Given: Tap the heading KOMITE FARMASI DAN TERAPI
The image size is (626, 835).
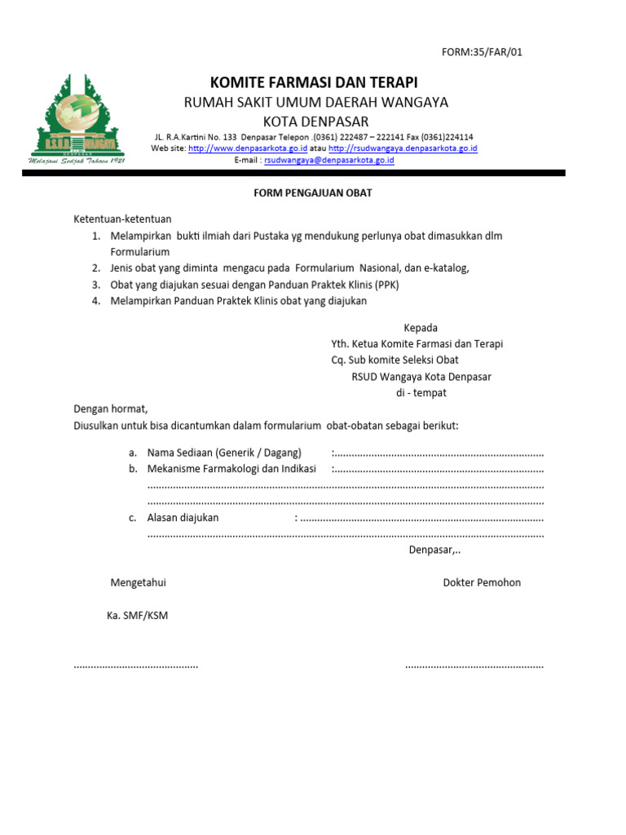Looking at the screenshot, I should [x=314, y=82].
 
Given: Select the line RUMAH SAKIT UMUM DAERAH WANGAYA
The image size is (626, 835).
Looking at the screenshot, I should [x=315, y=102].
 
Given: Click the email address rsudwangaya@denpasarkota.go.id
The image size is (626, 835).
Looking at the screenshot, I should [x=329, y=161].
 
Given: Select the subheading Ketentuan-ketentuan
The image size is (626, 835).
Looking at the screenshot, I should [x=123, y=219].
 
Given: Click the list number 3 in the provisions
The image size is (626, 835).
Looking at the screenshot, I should [x=95, y=285].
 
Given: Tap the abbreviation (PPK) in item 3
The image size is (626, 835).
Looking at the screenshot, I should [x=386, y=285].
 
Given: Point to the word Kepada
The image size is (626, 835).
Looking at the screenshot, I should [x=421, y=328].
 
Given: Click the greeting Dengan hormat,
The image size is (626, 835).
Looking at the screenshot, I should [x=111, y=409].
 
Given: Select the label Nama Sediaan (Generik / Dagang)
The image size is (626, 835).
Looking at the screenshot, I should [x=224, y=453].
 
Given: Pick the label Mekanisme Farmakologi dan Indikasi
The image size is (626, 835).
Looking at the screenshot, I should [x=231, y=469].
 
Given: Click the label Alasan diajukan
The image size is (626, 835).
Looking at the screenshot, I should [x=183, y=518].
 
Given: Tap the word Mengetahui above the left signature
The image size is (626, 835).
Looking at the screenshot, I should [x=138, y=582].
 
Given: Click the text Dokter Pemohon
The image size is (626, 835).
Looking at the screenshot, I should [x=482, y=582].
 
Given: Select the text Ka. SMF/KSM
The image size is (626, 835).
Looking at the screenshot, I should [x=137, y=615].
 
